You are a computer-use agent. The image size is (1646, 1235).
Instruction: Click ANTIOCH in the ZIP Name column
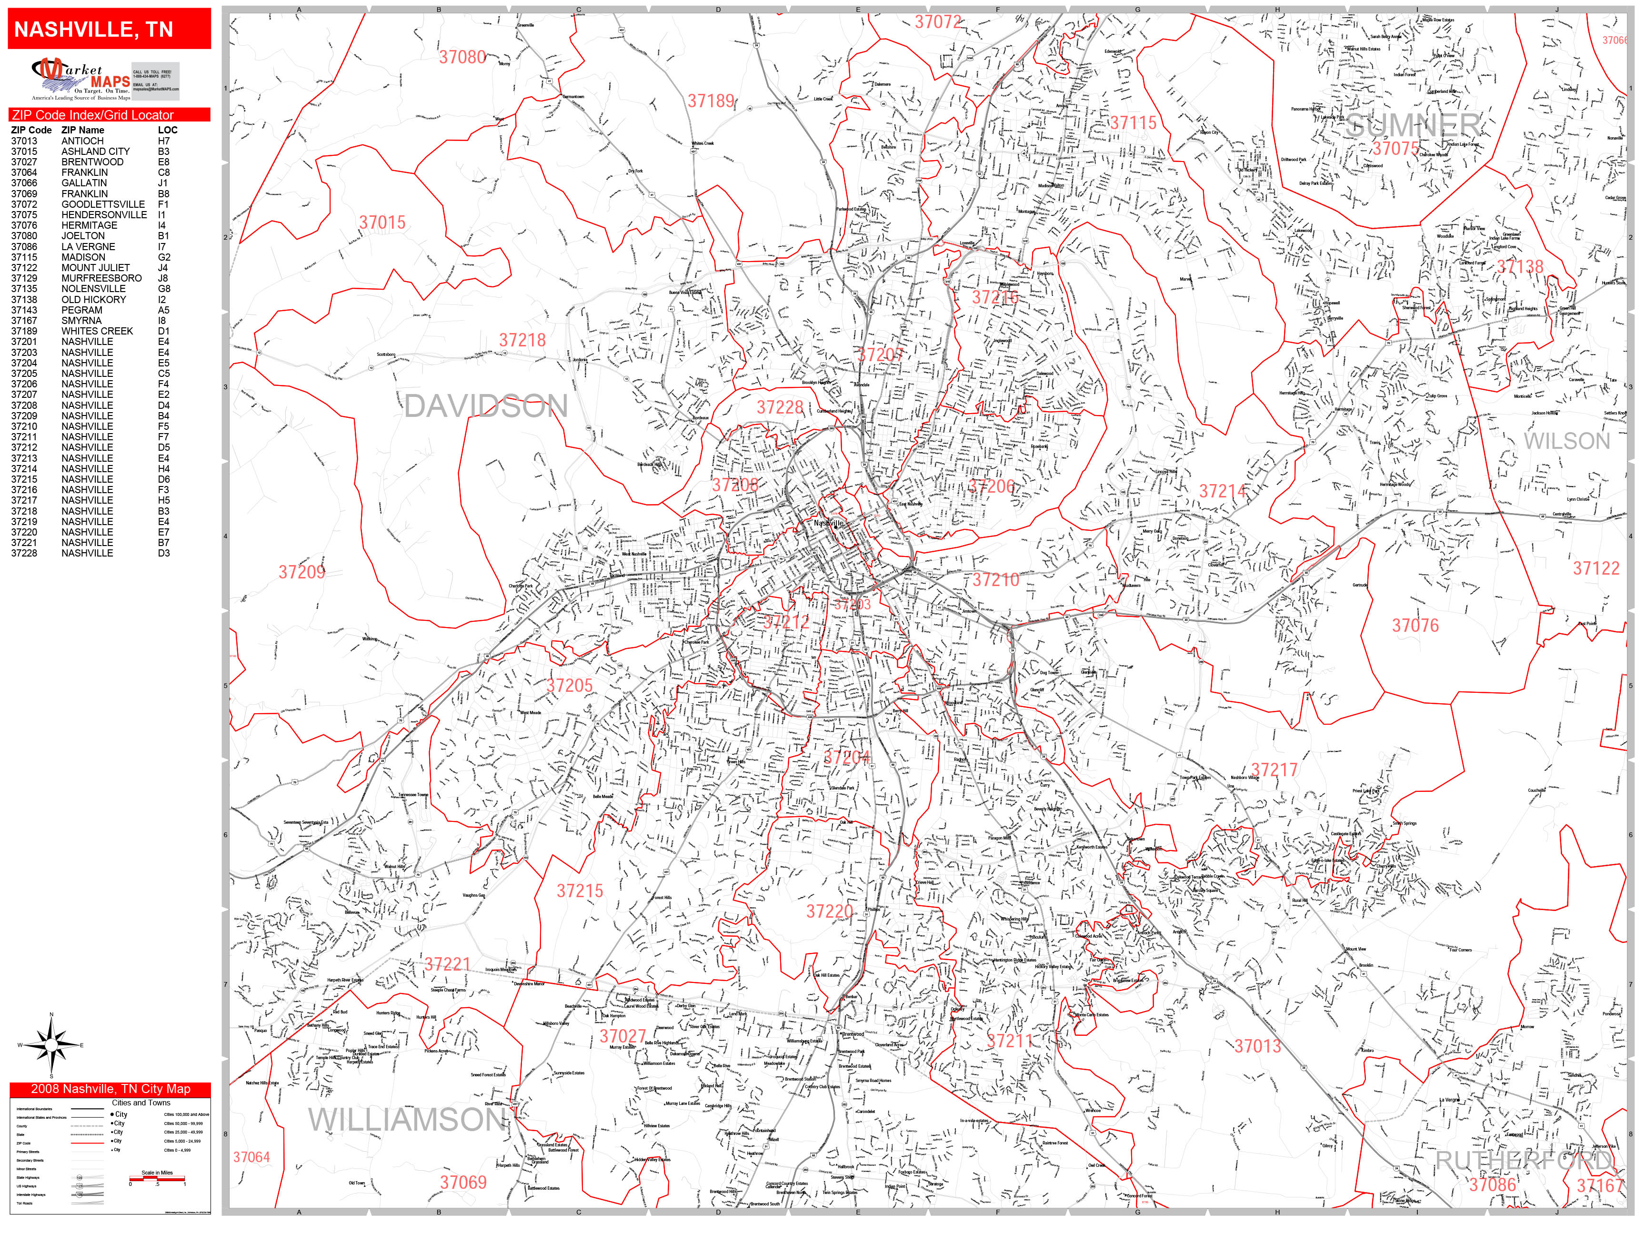point(82,141)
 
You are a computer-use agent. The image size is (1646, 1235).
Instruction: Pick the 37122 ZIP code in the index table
point(24,267)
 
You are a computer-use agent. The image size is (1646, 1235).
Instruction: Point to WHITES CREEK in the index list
point(97,331)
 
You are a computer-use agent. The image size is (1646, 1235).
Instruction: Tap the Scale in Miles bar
point(157,1178)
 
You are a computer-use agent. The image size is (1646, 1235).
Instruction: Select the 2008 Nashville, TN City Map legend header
point(110,1089)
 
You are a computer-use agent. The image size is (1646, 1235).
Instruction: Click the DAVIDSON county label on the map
point(486,406)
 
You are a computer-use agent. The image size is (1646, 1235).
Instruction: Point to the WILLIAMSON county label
point(408,1120)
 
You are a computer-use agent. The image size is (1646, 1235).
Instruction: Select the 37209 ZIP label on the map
point(301,572)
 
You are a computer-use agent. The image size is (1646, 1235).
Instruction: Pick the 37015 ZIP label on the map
point(382,223)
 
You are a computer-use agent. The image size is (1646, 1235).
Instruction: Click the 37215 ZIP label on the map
point(580,891)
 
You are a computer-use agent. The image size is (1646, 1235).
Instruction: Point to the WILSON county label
point(1566,441)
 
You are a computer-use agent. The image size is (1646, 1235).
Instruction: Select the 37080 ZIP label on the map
point(462,57)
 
